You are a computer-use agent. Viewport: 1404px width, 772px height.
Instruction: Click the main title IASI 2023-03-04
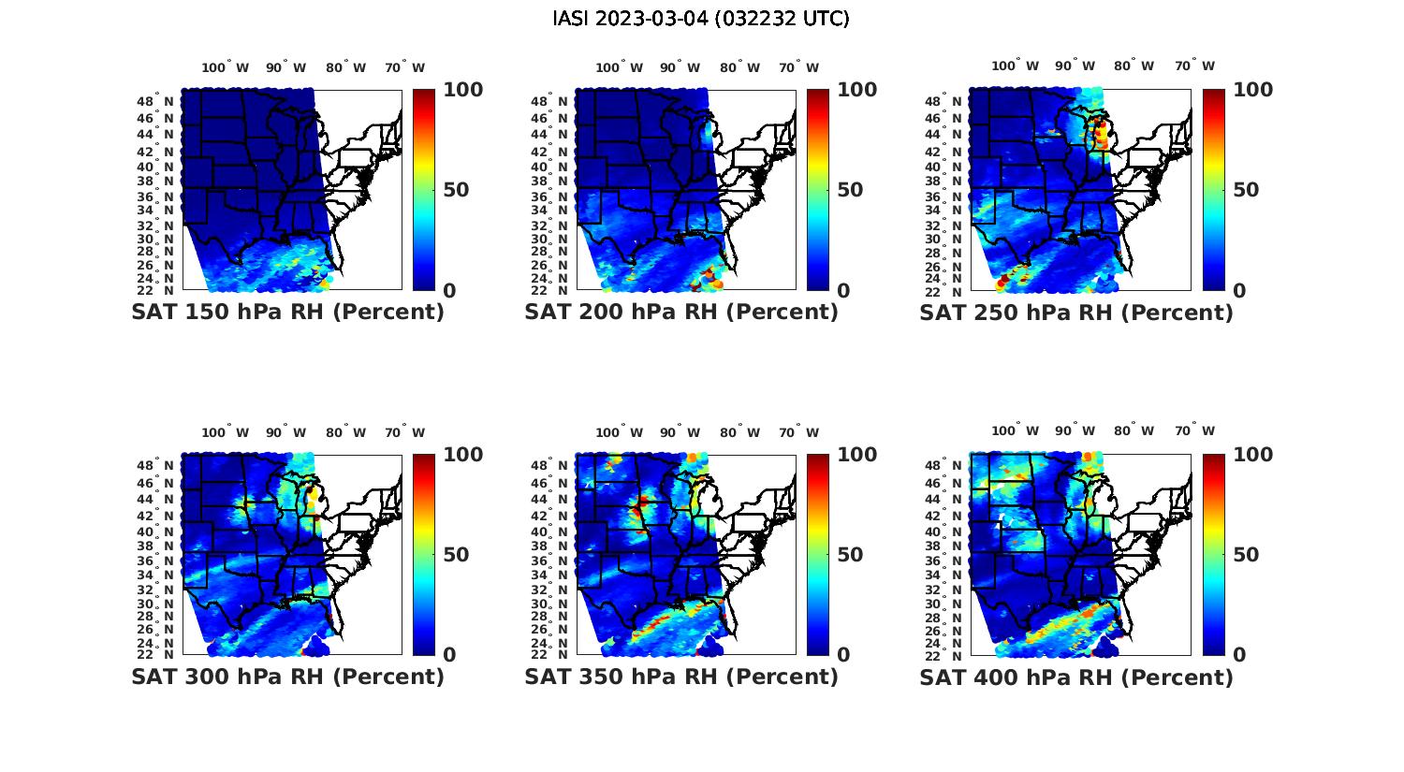[x=701, y=19]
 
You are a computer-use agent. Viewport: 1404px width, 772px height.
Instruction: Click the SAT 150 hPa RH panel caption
[x=287, y=312]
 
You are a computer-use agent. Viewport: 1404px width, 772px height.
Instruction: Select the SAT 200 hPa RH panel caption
[x=681, y=312]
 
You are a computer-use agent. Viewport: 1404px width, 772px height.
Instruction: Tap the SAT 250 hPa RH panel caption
[x=1076, y=313]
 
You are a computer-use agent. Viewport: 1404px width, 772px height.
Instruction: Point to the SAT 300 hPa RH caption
[x=287, y=676]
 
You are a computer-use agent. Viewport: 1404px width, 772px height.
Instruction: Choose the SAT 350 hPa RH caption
[x=681, y=676]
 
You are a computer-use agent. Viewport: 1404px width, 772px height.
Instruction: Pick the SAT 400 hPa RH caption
[x=1076, y=677]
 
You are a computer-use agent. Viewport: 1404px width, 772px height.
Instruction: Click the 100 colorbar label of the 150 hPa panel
[x=462, y=90]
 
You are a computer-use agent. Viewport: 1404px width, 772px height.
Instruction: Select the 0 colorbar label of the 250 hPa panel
[x=1239, y=291]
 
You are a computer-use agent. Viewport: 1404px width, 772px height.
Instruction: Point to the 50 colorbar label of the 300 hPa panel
[x=456, y=555]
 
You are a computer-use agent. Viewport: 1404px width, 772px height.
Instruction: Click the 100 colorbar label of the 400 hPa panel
[x=1253, y=455]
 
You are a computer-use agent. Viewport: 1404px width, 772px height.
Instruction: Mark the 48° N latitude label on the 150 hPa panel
[x=156, y=101]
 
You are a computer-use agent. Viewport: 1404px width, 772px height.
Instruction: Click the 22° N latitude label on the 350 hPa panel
[x=550, y=653]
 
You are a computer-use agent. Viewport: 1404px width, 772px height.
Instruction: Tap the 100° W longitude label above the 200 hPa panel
[x=619, y=67]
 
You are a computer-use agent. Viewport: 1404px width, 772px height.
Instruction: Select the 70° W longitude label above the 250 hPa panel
[x=1194, y=66]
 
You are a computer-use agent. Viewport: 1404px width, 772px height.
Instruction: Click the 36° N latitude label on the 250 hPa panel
[x=944, y=197]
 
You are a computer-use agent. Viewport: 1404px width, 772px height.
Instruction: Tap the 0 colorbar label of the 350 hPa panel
[x=843, y=655]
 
